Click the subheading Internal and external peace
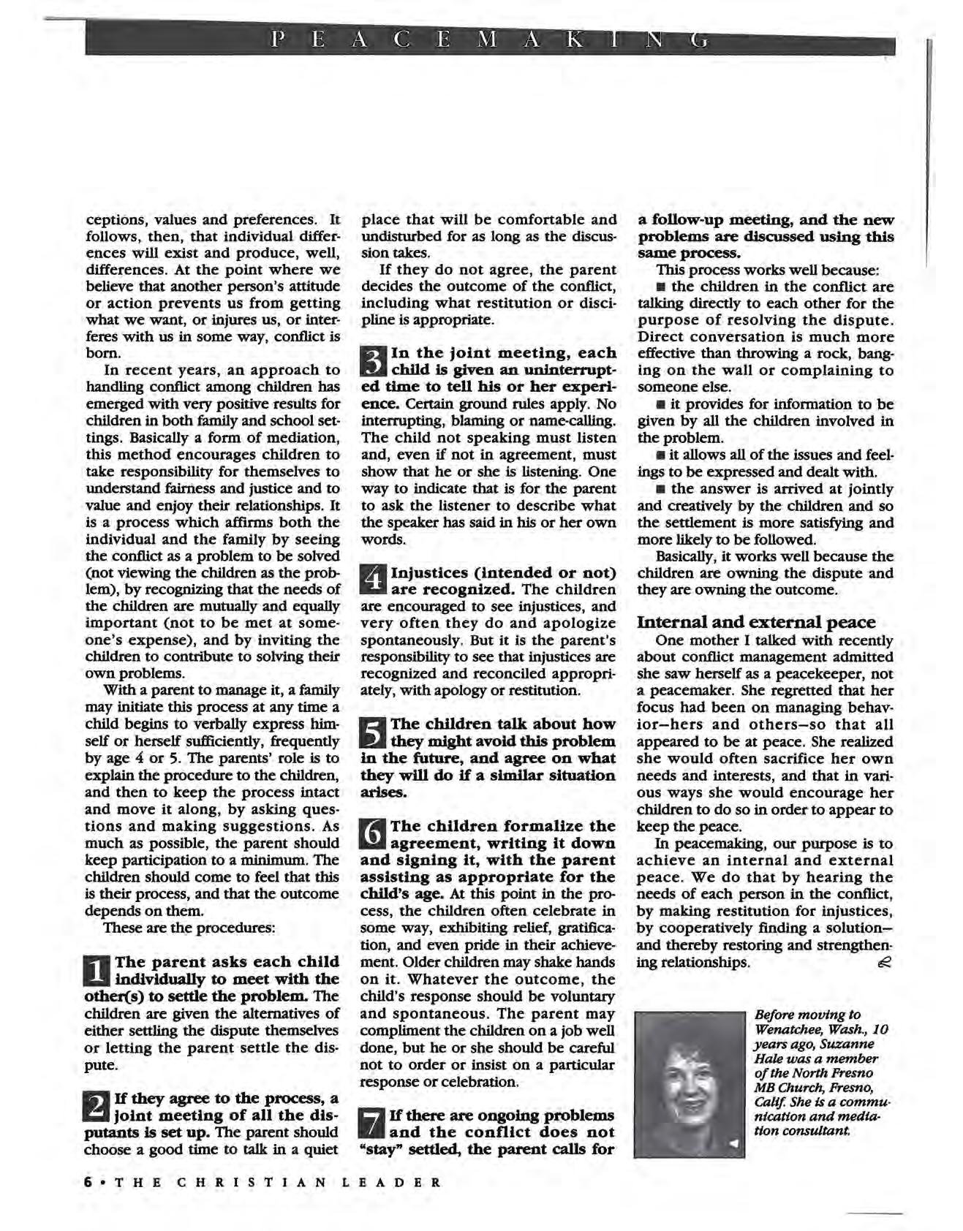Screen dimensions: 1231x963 tap(756, 622)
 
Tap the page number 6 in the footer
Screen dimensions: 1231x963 tap(88, 1183)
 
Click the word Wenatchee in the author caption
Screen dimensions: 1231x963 tap(788, 1029)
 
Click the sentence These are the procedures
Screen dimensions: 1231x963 tap(189, 928)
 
